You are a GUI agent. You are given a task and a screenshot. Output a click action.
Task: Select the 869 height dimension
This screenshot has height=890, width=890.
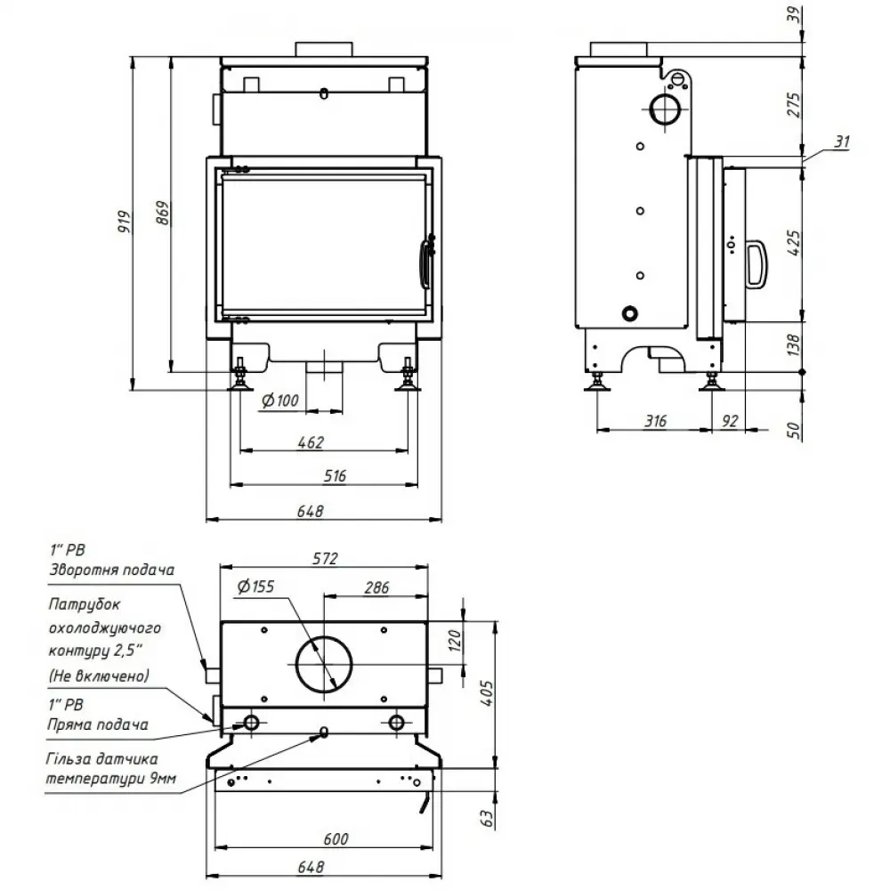(161, 214)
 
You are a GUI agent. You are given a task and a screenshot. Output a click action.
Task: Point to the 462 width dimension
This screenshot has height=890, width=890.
(311, 442)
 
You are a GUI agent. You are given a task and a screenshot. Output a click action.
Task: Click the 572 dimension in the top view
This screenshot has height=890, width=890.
(326, 559)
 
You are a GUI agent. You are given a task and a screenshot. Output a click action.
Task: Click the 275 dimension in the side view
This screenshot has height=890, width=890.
(795, 105)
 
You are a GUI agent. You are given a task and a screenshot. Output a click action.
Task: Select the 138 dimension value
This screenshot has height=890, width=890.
(795, 344)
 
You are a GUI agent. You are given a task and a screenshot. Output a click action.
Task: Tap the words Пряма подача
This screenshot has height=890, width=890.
(97, 724)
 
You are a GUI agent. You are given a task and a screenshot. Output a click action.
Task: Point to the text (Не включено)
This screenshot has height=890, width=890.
(99, 676)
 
